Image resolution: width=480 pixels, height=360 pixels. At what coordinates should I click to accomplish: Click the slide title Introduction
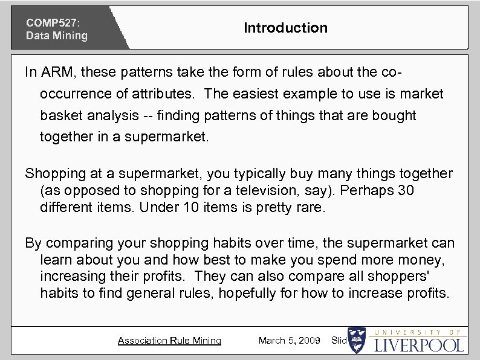pos(285,28)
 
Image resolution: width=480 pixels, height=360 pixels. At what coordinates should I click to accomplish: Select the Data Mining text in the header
pos(56,36)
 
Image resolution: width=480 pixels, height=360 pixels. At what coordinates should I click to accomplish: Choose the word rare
pos(311,207)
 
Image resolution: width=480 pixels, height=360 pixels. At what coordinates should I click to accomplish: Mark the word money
pos(427,260)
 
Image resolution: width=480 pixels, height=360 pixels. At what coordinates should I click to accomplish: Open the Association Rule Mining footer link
pos(169,341)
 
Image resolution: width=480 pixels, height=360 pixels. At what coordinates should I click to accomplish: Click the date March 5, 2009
pos(289,341)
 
